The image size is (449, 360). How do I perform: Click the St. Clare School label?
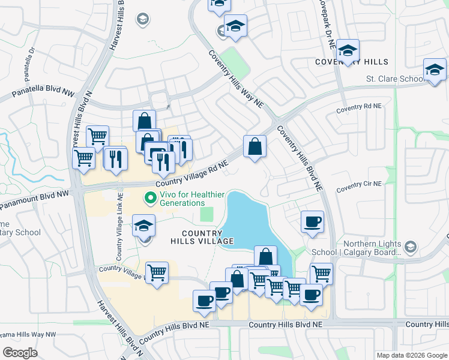tap(395, 79)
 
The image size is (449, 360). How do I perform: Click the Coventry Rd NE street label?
tap(358, 107)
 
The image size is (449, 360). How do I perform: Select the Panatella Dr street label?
tap(28, 62)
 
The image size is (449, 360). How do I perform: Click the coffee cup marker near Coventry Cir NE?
tap(312, 221)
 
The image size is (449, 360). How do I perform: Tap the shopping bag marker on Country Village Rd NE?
tap(255, 146)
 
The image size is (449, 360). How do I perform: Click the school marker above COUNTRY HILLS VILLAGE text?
tap(143, 226)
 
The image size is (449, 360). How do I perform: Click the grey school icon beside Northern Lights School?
tap(411, 247)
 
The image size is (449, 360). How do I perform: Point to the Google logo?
tap(20, 353)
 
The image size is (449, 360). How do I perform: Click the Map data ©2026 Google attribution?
tap(411, 355)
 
